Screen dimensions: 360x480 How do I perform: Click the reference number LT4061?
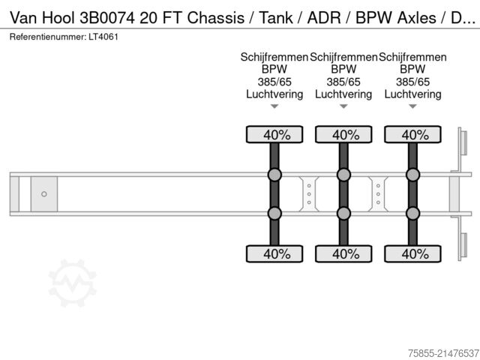click(102, 36)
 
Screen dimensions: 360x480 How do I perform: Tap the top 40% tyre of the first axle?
click(274, 135)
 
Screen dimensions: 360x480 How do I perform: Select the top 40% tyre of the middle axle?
click(343, 135)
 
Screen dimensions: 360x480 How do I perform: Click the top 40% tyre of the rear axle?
click(412, 135)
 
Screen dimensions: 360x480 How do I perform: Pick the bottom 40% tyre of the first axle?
click(274, 253)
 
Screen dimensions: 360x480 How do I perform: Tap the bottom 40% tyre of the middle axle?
click(343, 253)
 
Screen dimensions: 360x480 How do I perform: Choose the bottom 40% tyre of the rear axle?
click(412, 253)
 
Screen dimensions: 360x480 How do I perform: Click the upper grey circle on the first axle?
click(274, 175)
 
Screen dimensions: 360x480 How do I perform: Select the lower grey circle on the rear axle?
click(412, 213)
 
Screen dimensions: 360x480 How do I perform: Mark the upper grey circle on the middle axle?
click(343, 175)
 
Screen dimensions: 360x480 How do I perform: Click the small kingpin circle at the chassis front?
click(43, 194)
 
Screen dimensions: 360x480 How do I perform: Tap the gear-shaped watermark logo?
click(73, 283)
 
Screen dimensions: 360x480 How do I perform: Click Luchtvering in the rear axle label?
click(412, 94)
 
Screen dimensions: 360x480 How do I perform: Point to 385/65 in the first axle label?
click(274, 82)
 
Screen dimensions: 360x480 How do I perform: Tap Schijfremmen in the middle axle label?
click(343, 57)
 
